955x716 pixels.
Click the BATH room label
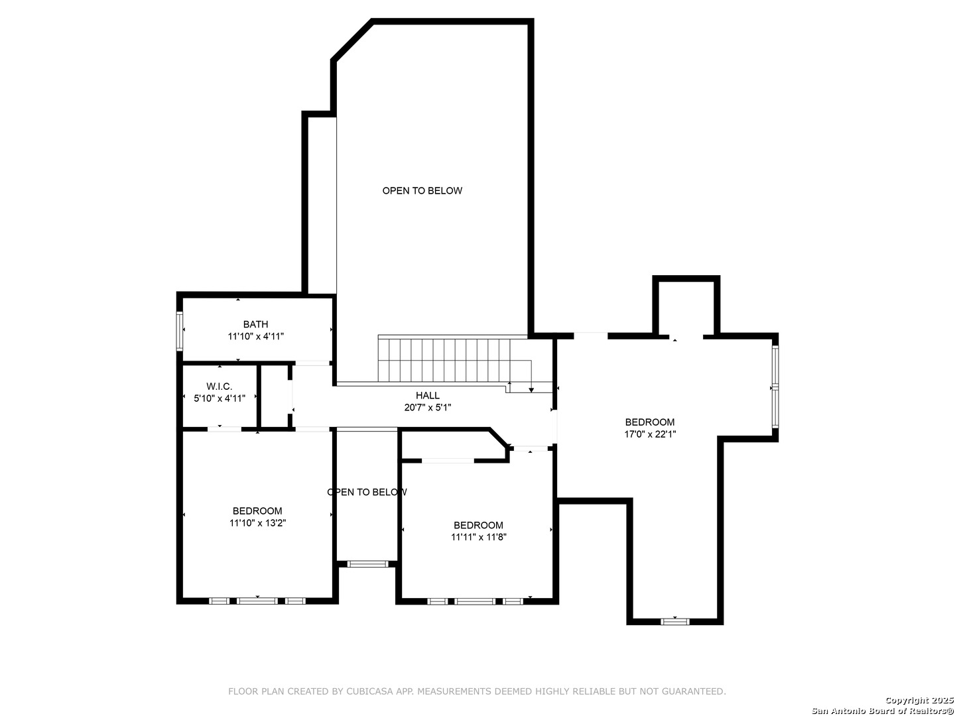pyautogui.click(x=255, y=324)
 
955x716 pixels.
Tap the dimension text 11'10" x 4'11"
pyautogui.click(x=256, y=336)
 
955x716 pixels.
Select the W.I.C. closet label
pyautogui.click(x=219, y=386)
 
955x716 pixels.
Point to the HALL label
pyautogui.click(x=427, y=395)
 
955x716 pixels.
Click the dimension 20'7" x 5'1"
pyautogui.click(x=427, y=407)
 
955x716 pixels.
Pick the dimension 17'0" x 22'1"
pyautogui.click(x=649, y=434)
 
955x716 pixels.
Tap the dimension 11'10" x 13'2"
pyautogui.click(x=257, y=523)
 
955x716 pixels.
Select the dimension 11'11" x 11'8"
pyautogui.click(x=479, y=537)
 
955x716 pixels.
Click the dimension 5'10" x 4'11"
pyautogui.click(x=220, y=398)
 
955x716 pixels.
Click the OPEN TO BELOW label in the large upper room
pyautogui.click(x=422, y=190)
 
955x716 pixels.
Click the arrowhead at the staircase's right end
pyautogui.click(x=531, y=390)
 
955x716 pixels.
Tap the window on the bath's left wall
pyautogui.click(x=179, y=331)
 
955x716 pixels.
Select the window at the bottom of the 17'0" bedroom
pyautogui.click(x=675, y=622)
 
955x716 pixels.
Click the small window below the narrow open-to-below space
pyautogui.click(x=367, y=564)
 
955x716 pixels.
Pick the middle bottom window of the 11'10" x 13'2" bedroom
pyautogui.click(x=257, y=601)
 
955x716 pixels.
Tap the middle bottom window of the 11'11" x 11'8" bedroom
pyautogui.click(x=475, y=602)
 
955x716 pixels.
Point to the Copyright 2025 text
pyautogui.click(x=919, y=700)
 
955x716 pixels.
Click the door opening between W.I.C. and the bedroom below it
pyautogui.click(x=224, y=429)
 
